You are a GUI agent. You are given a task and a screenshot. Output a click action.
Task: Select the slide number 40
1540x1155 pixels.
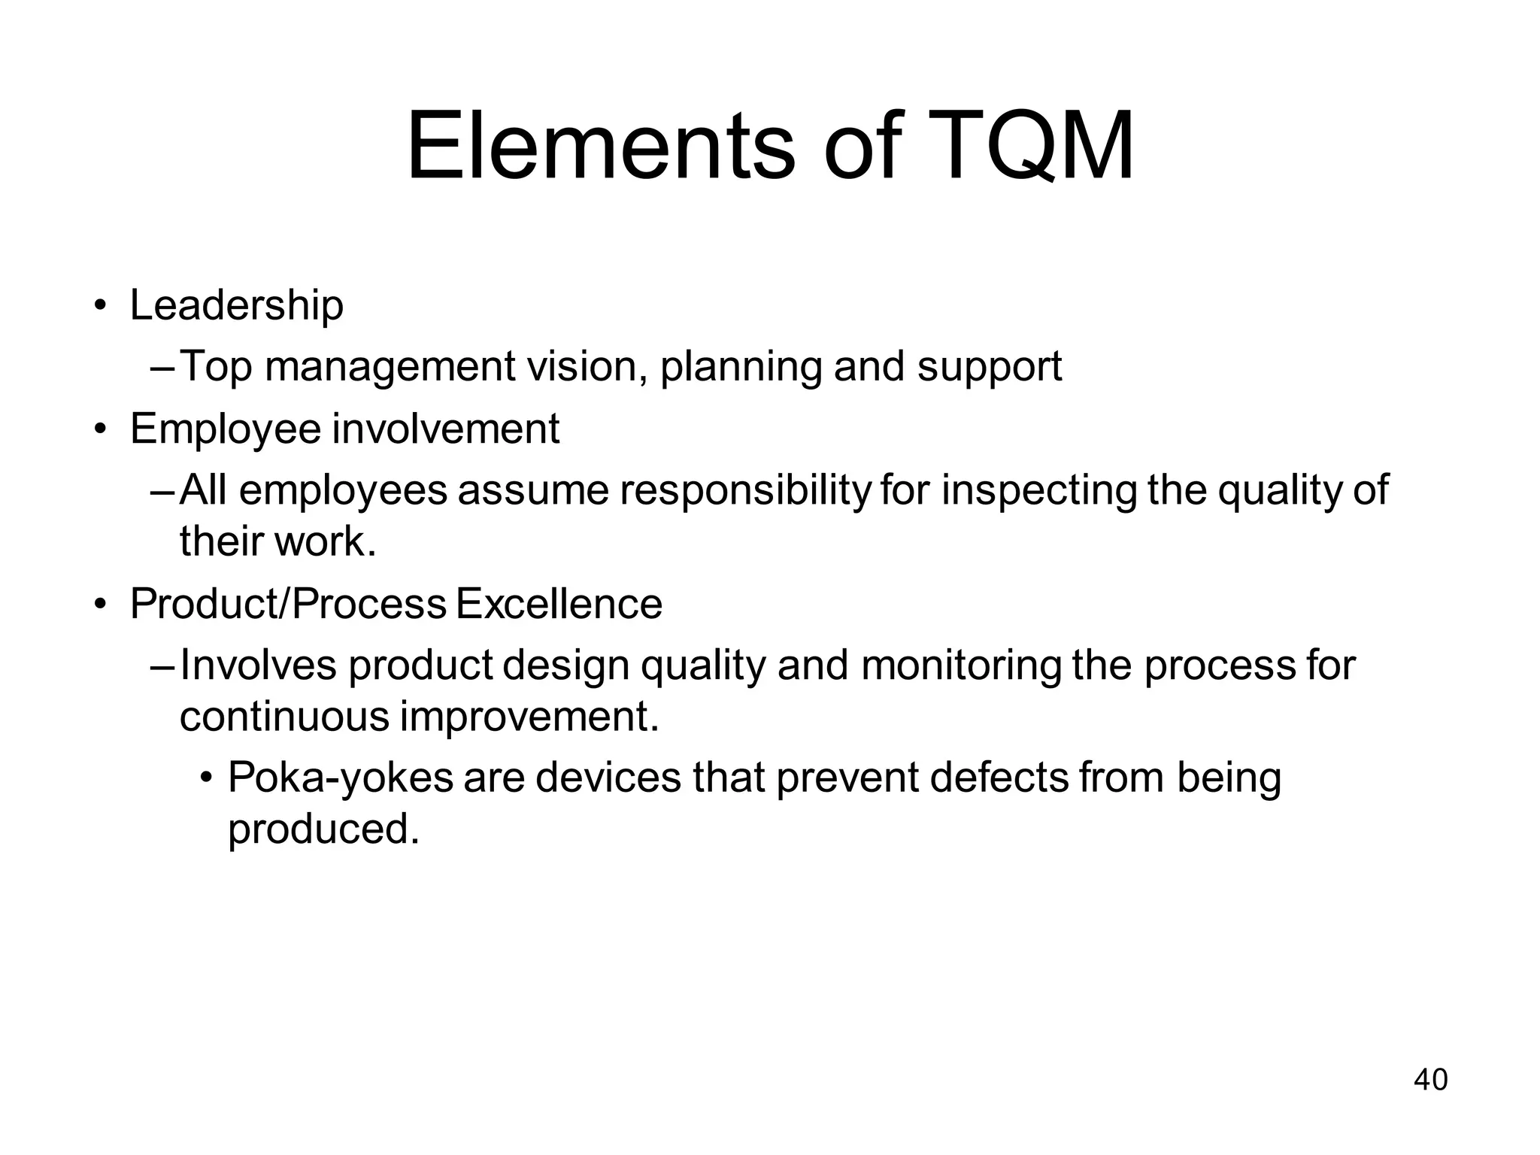click(x=1430, y=1080)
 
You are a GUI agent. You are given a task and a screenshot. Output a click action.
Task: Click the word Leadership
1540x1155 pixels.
click(x=236, y=305)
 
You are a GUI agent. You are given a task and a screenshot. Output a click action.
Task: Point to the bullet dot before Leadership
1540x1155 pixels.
click(x=99, y=306)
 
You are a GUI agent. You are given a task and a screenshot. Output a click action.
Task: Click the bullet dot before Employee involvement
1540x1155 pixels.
click(x=99, y=429)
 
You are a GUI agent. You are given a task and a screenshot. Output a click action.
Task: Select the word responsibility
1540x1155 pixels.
click(x=744, y=491)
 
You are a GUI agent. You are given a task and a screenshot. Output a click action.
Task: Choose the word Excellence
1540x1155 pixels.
click(x=559, y=604)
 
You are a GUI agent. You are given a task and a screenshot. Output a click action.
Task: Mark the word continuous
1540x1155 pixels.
click(x=284, y=717)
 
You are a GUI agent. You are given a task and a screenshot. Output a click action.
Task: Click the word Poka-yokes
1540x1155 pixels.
click(x=340, y=778)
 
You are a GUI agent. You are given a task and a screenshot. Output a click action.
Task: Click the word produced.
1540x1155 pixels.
click(x=323, y=830)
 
